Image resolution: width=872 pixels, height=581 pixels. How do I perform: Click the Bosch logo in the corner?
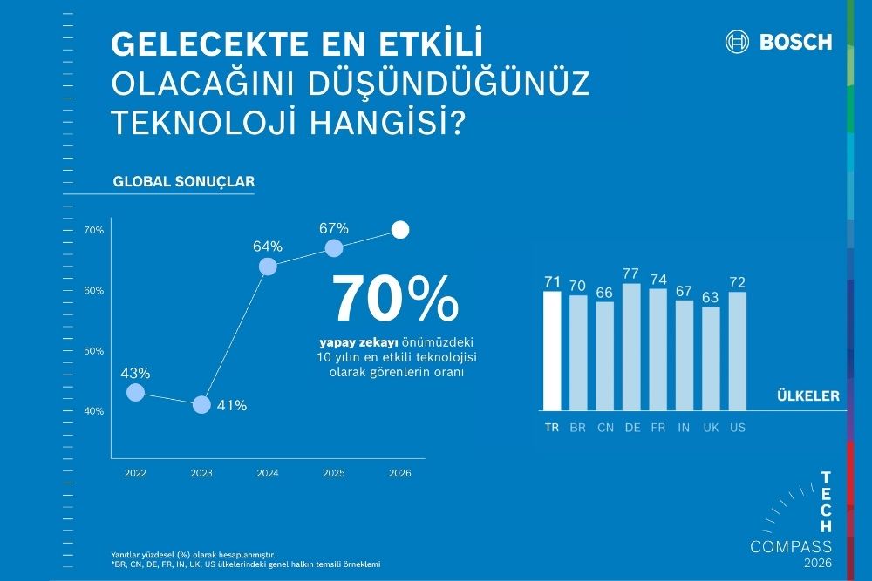[778, 42]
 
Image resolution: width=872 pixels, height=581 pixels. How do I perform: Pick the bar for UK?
[711, 358]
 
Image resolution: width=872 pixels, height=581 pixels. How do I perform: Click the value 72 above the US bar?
[737, 283]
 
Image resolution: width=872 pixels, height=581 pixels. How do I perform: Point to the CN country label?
[604, 428]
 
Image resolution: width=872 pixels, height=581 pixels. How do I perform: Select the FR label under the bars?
[657, 428]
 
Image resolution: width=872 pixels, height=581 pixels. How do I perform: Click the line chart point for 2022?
[135, 393]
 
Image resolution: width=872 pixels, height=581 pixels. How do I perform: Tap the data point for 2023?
[201, 405]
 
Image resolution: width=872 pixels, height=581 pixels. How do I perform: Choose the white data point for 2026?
[400, 230]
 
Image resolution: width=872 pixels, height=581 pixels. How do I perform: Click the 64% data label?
[267, 246]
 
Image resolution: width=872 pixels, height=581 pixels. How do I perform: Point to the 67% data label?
[334, 228]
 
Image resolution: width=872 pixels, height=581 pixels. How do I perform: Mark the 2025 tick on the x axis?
[334, 473]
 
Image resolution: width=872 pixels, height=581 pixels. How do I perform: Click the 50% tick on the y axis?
[94, 351]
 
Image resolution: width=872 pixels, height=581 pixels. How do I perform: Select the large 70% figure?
[394, 299]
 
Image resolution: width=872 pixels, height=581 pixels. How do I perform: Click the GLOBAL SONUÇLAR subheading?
[183, 183]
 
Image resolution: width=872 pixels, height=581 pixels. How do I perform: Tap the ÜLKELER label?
[807, 395]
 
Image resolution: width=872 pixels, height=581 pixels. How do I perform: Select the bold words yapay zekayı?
[361, 341]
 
